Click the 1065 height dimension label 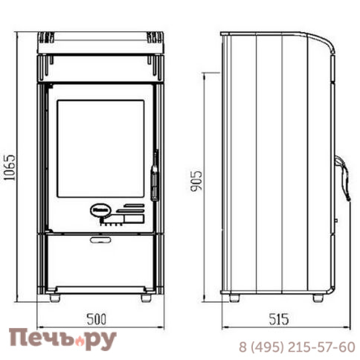(x=10, y=168)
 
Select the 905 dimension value (x=196, y=181)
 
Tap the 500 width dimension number (x=97, y=319)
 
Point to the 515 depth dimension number (x=279, y=319)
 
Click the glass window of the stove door (x=100, y=149)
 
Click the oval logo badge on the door (x=100, y=210)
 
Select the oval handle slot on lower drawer (x=100, y=240)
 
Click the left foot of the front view (x=55, y=298)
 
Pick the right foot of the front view (x=146, y=298)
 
